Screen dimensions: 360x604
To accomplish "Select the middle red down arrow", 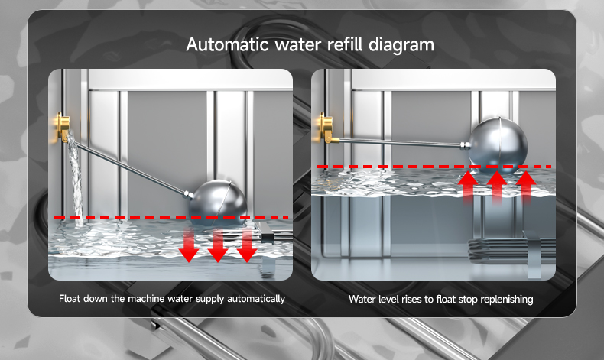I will click(x=218, y=245).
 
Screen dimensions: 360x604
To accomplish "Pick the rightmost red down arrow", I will click(x=246, y=244).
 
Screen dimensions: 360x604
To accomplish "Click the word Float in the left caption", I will click(x=70, y=298).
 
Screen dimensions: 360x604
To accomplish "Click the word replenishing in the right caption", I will click(x=505, y=299).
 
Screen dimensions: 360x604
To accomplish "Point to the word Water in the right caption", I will click(x=361, y=299).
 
